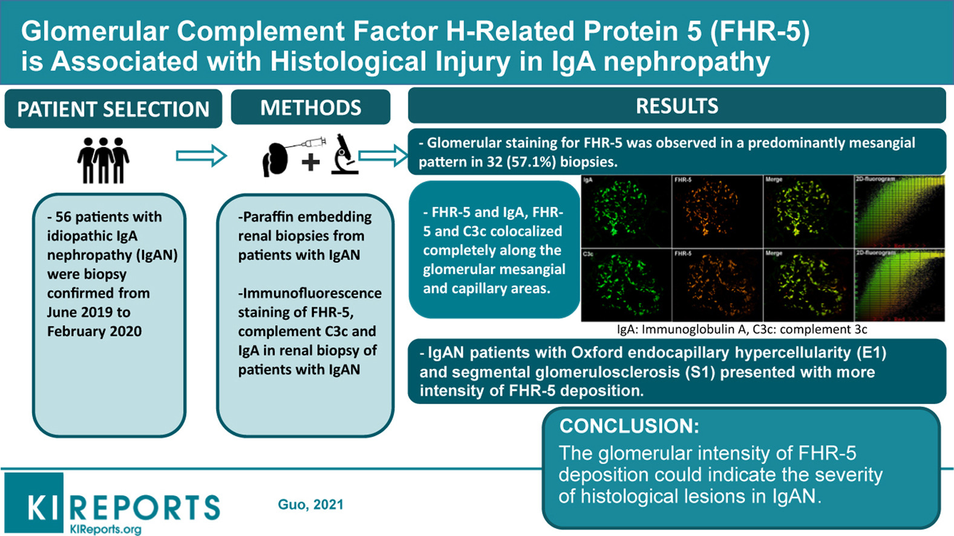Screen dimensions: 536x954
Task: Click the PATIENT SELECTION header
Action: (x=113, y=109)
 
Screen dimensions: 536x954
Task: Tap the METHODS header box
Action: (x=310, y=108)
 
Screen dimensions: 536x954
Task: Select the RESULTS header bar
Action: (x=676, y=106)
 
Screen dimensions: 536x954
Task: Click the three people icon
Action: (x=103, y=160)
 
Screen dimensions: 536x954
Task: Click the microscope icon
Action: (x=344, y=155)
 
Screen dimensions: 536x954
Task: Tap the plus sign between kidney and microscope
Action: (x=311, y=162)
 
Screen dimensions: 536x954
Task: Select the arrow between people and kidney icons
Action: (x=201, y=156)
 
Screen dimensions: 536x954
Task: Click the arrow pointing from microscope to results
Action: (x=384, y=155)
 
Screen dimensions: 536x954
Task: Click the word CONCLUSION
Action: (x=629, y=426)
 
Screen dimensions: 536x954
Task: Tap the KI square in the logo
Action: (x=34, y=503)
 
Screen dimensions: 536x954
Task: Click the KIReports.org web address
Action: (x=106, y=529)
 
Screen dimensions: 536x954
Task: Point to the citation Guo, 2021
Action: (x=310, y=505)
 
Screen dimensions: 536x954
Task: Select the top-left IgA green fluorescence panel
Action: (x=626, y=211)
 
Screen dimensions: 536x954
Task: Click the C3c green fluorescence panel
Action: (x=626, y=284)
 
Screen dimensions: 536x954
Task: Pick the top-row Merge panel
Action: (x=808, y=211)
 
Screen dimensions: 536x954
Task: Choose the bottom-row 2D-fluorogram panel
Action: (x=900, y=284)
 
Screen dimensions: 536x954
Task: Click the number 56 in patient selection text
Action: (x=63, y=217)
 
